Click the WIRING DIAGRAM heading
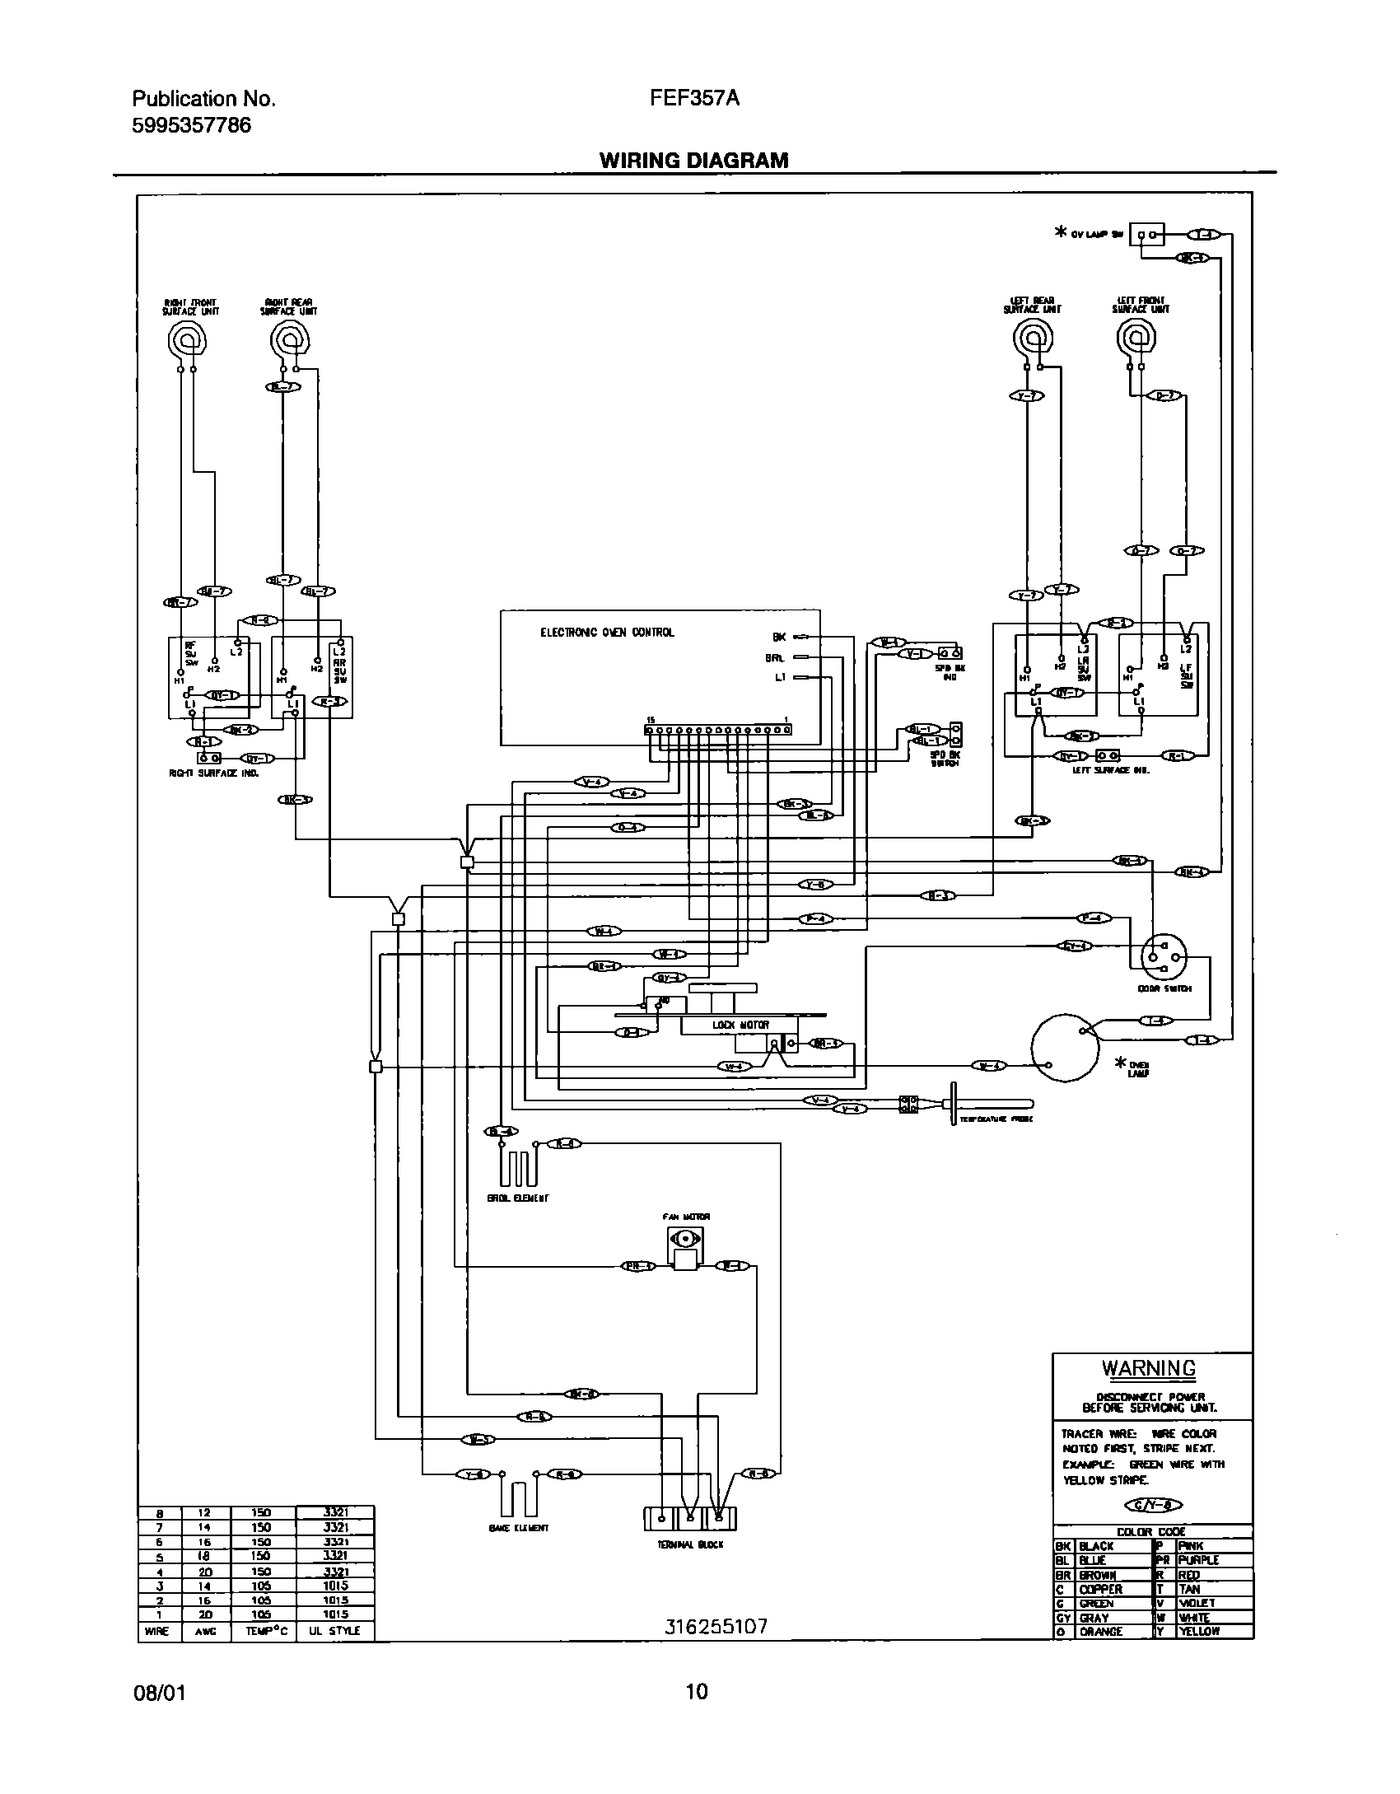(693, 160)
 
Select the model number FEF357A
(694, 100)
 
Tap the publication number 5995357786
(191, 125)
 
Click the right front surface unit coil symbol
(187, 339)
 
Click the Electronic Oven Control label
(606, 633)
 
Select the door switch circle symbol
(1164, 956)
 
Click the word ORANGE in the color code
(1101, 1632)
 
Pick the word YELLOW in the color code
(1199, 1632)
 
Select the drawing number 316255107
(716, 1627)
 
